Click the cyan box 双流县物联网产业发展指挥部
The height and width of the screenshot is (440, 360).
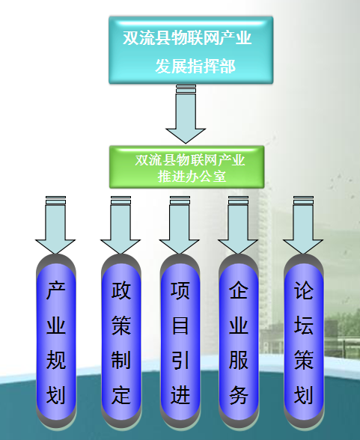(191, 50)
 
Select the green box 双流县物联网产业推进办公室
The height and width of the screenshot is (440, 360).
(186, 167)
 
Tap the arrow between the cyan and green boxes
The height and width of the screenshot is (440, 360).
(186, 114)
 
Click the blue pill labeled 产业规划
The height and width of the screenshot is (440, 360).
(56, 341)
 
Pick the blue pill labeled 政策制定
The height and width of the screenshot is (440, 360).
(121, 341)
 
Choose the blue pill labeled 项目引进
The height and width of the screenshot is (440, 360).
(180, 341)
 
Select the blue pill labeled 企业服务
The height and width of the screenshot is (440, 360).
(239, 341)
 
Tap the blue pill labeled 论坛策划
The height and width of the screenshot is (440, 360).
(304, 341)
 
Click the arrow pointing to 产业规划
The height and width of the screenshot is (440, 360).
(55, 225)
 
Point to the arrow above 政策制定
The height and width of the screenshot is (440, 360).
(120, 225)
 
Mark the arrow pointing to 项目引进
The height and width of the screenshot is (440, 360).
(180, 225)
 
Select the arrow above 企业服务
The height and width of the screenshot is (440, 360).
(238, 225)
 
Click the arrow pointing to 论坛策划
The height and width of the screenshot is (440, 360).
(303, 225)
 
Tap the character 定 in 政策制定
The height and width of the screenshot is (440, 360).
(121, 395)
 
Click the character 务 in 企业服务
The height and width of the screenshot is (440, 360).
(239, 395)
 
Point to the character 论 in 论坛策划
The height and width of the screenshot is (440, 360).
(304, 290)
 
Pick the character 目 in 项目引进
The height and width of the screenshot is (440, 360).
(180, 326)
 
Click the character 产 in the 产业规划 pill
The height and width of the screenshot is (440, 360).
(56, 290)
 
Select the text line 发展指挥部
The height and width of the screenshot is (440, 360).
(195, 66)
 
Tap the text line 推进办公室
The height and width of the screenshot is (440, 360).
(192, 177)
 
